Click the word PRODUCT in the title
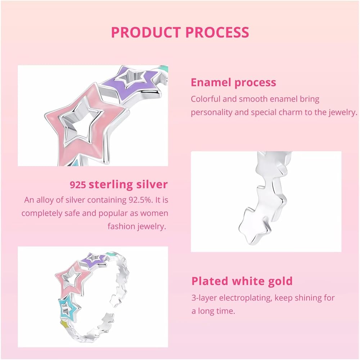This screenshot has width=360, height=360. point(146,32)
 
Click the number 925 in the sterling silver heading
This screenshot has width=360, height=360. point(78,185)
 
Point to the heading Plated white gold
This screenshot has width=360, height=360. point(242,281)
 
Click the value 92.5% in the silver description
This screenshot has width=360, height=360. point(140,200)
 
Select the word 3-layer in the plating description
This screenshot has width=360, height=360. point(204,298)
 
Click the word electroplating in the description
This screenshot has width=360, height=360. point(245,298)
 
